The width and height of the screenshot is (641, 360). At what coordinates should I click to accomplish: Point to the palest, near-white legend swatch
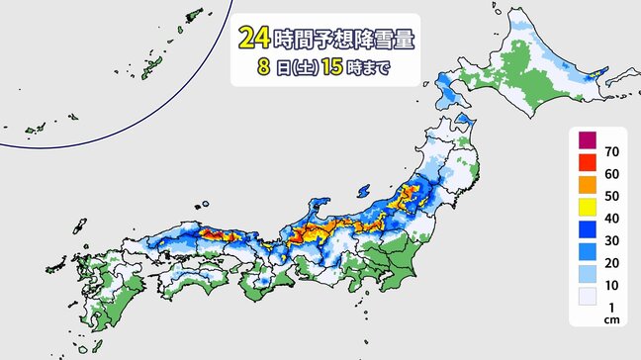click(586, 295)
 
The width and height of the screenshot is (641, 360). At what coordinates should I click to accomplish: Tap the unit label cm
click(610, 317)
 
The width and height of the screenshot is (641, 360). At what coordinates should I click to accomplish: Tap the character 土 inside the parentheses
click(305, 69)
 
